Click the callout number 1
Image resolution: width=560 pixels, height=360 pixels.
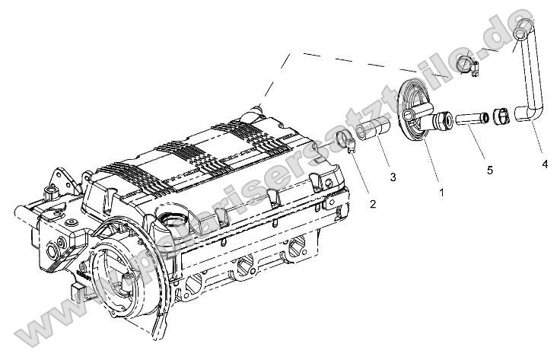coord(441,193)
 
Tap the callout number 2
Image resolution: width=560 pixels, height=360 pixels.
coord(373,204)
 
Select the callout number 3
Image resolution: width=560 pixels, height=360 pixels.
coord(393,177)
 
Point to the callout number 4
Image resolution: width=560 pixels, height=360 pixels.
coord(546,163)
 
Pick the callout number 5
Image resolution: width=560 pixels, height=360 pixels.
coord(489,170)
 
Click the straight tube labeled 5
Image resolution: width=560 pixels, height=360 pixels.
coord(470,119)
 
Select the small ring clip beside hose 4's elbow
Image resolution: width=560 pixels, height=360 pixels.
coord(501,116)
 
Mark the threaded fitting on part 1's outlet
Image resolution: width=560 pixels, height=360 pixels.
coord(442,119)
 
